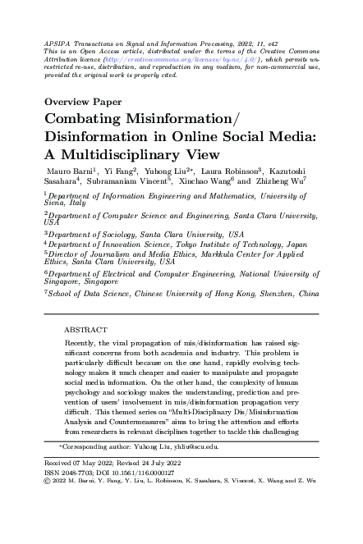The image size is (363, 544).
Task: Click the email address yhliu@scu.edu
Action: click(x=195, y=448)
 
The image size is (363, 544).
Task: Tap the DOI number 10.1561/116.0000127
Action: click(x=140, y=473)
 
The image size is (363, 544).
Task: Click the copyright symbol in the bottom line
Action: click(x=45, y=482)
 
